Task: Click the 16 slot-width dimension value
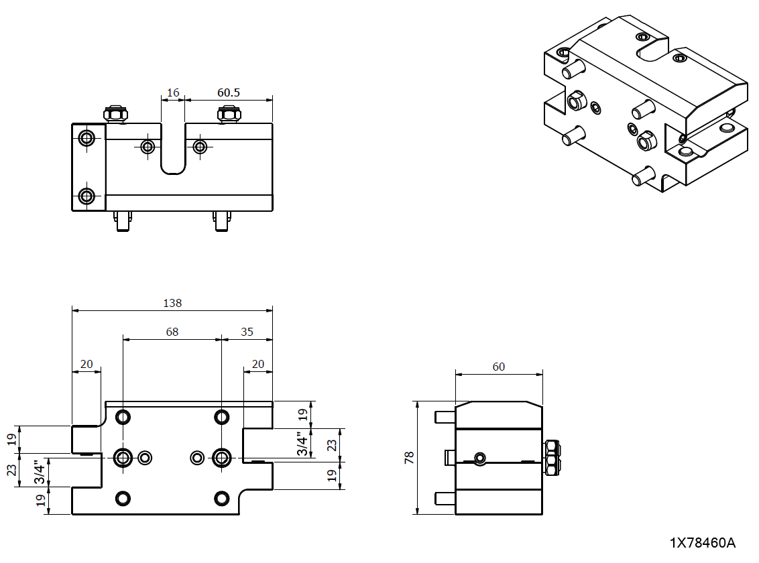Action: [x=173, y=92]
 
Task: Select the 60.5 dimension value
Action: [x=229, y=92]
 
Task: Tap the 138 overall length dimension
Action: [x=172, y=303]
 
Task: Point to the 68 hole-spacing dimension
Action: [x=172, y=332]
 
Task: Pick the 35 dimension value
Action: [x=247, y=332]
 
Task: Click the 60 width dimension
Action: [x=498, y=367]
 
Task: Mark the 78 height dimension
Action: [x=410, y=458]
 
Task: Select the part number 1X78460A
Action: [x=702, y=542]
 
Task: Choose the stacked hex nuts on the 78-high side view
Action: [x=552, y=458]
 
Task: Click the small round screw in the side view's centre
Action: [x=479, y=458]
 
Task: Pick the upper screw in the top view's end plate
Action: [x=86, y=139]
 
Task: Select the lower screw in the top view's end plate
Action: [x=86, y=196]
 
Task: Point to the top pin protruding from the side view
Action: [x=445, y=416]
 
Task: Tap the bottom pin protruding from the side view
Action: [x=445, y=499]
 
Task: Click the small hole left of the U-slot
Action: [x=148, y=146]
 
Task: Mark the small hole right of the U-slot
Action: [x=199, y=146]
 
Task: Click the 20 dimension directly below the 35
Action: [x=257, y=364]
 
